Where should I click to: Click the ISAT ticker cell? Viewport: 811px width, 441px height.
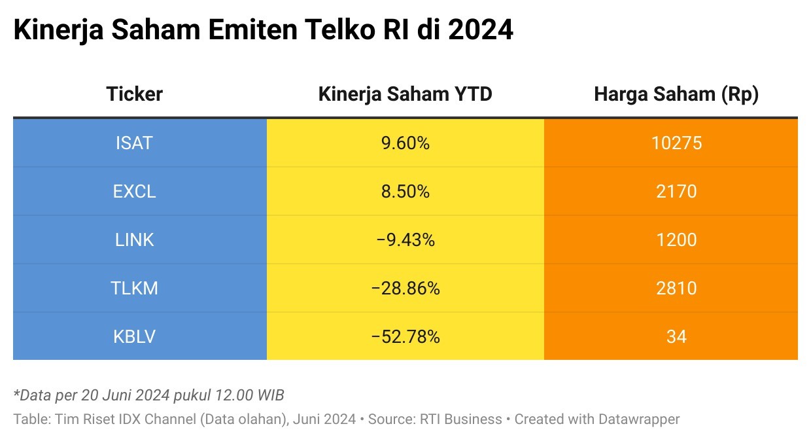click(134, 143)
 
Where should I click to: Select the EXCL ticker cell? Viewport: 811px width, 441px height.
click(134, 191)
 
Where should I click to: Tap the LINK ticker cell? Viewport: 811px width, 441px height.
click(134, 239)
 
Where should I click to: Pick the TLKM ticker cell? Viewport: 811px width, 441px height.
click(134, 288)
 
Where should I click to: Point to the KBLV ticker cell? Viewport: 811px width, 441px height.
click(134, 336)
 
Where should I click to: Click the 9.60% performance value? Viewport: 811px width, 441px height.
click(405, 143)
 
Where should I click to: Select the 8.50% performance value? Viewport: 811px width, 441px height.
click(405, 191)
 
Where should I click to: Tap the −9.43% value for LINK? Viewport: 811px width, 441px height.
click(405, 239)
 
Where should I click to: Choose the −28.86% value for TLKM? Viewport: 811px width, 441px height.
click(405, 288)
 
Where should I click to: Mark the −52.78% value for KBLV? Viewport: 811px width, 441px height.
click(405, 336)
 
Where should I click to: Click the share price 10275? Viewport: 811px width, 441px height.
click(676, 143)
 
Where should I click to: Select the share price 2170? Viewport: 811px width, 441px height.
click(676, 191)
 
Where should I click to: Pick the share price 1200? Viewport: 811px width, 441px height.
click(676, 239)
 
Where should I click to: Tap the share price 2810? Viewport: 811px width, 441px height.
click(676, 288)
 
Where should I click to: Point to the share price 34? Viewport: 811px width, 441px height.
click(676, 336)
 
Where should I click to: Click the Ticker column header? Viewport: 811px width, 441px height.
click(134, 94)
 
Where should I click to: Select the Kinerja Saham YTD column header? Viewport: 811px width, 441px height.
click(405, 94)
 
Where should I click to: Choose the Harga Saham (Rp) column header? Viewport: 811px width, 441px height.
click(676, 94)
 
